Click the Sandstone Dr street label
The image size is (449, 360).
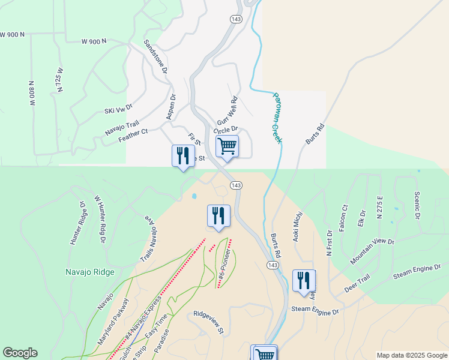(x=155, y=57)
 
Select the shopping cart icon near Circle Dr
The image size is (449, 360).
(x=227, y=146)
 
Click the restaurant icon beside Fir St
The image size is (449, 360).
(x=181, y=156)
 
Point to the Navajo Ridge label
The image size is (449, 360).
(x=89, y=272)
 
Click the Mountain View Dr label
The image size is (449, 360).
(x=372, y=250)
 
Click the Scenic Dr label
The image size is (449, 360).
(x=417, y=206)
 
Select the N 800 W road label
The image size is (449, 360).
(x=31, y=94)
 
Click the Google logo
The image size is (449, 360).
(x=20, y=353)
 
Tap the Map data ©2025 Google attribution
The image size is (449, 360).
(x=411, y=355)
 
